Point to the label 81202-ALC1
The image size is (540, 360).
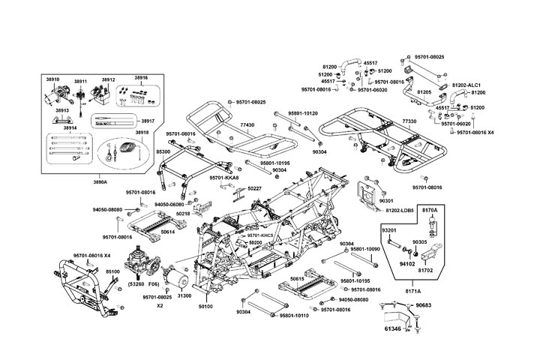click(x=466, y=85)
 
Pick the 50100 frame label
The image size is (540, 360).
click(x=205, y=307)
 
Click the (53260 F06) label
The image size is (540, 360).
click(x=142, y=285)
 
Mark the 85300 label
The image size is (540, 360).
click(x=163, y=151)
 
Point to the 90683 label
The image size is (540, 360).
click(x=424, y=305)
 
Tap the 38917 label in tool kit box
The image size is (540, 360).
click(x=147, y=120)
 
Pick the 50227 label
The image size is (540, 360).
click(x=254, y=188)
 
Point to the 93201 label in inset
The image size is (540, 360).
click(x=389, y=230)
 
